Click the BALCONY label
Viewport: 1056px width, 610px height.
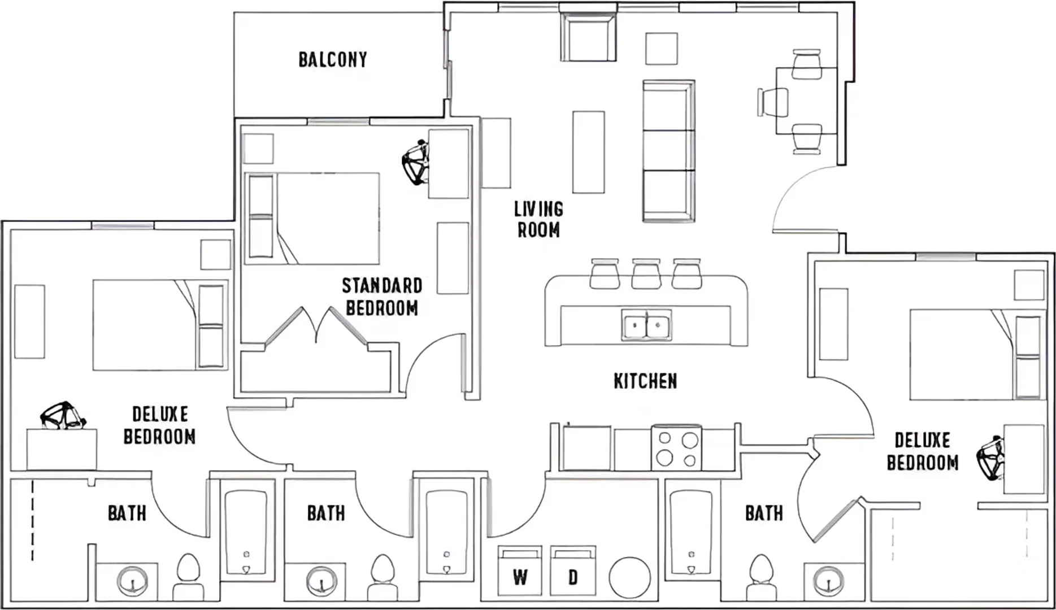coord(333,60)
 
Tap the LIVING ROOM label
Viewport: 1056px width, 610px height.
coord(538,219)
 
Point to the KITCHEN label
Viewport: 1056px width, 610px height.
coord(645,381)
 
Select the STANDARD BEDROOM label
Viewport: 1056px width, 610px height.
coord(382,297)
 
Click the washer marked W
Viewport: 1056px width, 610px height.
coord(520,570)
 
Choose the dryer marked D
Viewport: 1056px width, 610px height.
coord(573,570)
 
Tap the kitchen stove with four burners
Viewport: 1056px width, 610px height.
coord(676,448)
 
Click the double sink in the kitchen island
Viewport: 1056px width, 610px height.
coord(646,325)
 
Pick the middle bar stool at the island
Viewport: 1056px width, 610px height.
coord(646,274)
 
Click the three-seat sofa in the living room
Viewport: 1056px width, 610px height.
coord(668,151)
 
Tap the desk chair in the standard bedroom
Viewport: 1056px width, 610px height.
coord(415,163)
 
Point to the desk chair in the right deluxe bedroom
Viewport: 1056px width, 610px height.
coord(991,457)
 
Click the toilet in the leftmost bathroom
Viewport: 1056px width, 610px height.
coord(188,576)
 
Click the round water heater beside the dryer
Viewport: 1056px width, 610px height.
coord(629,577)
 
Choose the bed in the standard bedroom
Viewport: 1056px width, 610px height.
coord(312,219)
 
